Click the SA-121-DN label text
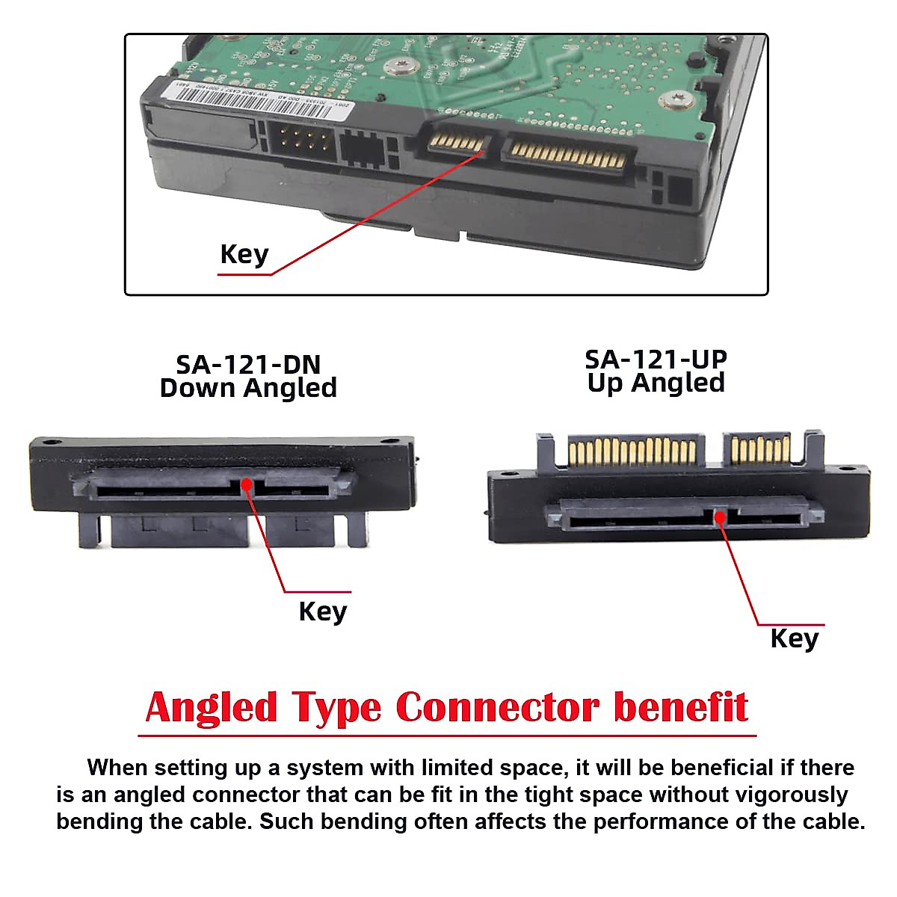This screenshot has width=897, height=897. point(248,364)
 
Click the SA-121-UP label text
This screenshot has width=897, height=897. point(656,359)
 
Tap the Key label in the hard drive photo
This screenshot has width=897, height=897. point(244,254)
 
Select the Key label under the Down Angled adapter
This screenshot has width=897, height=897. point(322,611)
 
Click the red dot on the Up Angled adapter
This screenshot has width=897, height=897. point(720,517)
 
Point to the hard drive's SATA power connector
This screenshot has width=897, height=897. point(568,155)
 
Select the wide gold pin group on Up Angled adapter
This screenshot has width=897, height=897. point(632,451)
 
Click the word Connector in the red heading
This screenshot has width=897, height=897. point(497,707)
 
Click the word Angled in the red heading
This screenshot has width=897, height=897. point(211,707)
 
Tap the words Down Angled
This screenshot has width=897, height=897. point(248,388)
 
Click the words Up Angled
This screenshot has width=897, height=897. point(656,383)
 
